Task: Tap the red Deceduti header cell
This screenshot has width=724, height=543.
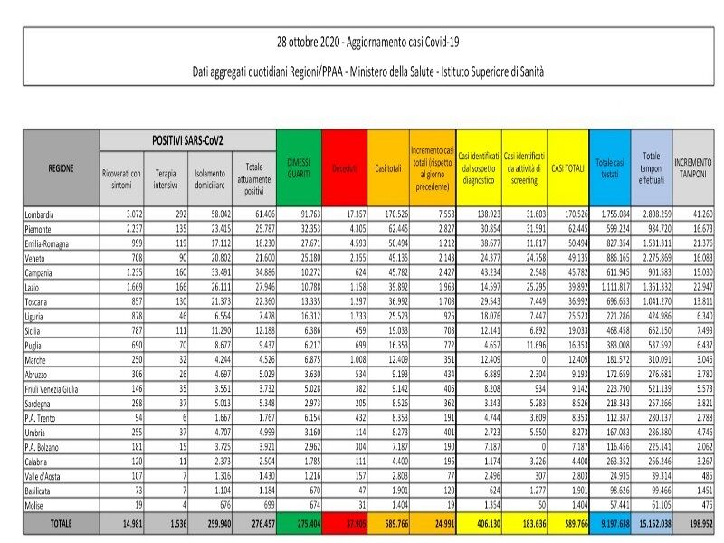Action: (x=344, y=168)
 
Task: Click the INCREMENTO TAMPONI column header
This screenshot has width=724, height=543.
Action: (x=691, y=168)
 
